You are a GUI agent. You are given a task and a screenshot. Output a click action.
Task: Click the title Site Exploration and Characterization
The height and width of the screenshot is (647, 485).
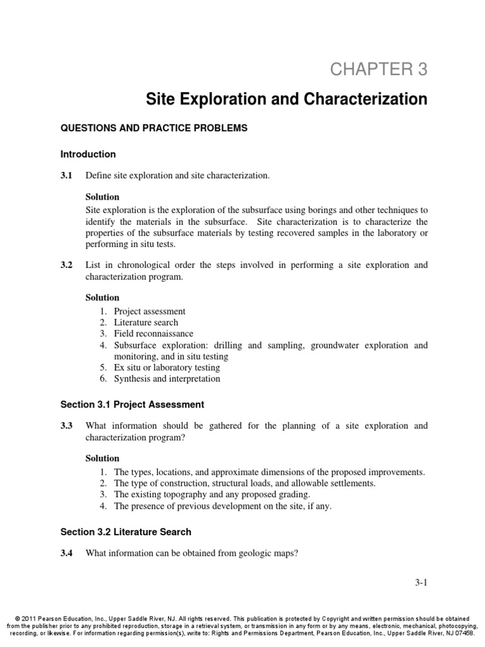pos(287,99)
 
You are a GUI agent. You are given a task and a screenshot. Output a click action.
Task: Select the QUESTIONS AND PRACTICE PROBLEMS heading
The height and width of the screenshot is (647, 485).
pos(153,128)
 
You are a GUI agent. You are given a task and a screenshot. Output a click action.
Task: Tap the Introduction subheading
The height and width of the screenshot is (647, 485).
pos(88,154)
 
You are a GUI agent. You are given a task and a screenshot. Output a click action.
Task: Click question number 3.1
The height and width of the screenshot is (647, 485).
pos(66,175)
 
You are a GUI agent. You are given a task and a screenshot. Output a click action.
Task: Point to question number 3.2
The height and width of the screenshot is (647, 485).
pos(66,265)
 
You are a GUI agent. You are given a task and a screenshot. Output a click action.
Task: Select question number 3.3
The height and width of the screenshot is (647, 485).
pos(66,426)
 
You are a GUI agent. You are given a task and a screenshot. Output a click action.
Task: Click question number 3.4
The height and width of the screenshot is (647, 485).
pos(66,553)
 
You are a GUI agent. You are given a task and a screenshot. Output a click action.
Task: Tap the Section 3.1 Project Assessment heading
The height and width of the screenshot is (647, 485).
pos(132,404)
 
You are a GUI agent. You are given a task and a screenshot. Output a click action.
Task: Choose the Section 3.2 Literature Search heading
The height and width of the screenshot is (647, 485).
pos(126,532)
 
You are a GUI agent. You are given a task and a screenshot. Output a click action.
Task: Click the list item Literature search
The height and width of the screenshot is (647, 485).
pos(146,322)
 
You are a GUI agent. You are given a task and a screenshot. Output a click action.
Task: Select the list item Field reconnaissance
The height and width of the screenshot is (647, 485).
pos(153,334)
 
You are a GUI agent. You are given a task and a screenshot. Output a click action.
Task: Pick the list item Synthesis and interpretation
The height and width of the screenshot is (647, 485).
pos(167,379)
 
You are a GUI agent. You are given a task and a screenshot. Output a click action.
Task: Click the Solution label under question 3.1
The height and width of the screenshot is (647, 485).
pos(102,197)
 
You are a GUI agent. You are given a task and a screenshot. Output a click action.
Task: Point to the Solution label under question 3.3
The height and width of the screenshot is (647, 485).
pos(102,458)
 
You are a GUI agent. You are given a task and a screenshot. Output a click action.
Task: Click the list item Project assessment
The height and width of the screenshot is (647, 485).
pos(150,311)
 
